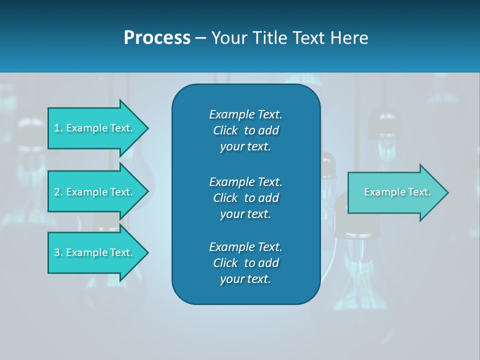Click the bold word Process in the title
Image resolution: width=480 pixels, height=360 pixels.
pyautogui.click(x=157, y=38)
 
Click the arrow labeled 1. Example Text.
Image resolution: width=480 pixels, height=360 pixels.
pyautogui.click(x=95, y=128)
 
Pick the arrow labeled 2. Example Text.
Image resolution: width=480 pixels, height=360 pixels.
pyautogui.click(x=95, y=192)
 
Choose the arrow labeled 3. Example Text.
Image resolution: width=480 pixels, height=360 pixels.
pyautogui.click(x=95, y=252)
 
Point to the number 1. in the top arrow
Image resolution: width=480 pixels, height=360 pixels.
pyautogui.click(x=58, y=128)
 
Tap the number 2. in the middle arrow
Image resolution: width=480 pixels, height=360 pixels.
pyautogui.click(x=58, y=192)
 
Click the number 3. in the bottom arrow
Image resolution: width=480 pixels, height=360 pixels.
pyautogui.click(x=58, y=252)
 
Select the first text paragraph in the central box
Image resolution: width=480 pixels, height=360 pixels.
pyautogui.click(x=245, y=130)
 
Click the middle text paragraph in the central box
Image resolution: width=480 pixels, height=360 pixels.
pyautogui.click(x=245, y=198)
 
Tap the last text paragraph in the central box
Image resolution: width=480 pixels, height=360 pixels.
pyautogui.click(x=245, y=263)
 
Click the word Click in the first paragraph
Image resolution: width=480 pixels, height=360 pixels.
pyautogui.click(x=225, y=130)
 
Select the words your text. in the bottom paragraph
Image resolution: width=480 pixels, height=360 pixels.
pyautogui.click(x=245, y=279)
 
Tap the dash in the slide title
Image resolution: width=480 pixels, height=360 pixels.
pyautogui.click(x=201, y=38)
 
